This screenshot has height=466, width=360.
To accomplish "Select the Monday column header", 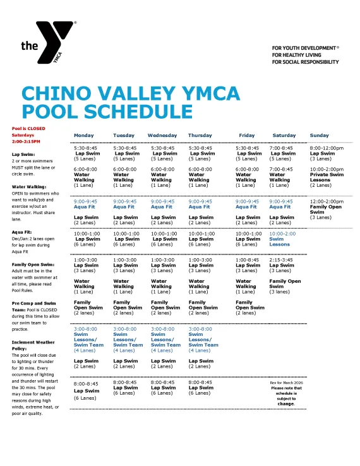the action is [84, 135].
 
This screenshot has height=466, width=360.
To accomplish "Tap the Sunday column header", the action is [320, 135].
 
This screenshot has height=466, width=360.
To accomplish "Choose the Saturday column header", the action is [284, 135].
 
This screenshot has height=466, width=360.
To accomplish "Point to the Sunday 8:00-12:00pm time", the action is [327, 148].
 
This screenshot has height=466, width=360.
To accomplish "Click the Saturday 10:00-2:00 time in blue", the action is [282, 233].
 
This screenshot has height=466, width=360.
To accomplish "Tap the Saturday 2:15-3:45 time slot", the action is [281, 260].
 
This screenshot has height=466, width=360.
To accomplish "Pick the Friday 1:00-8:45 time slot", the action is [248, 260].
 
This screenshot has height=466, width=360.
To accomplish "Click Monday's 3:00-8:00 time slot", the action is [85, 329].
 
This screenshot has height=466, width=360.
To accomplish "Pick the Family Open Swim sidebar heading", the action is [33, 264].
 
